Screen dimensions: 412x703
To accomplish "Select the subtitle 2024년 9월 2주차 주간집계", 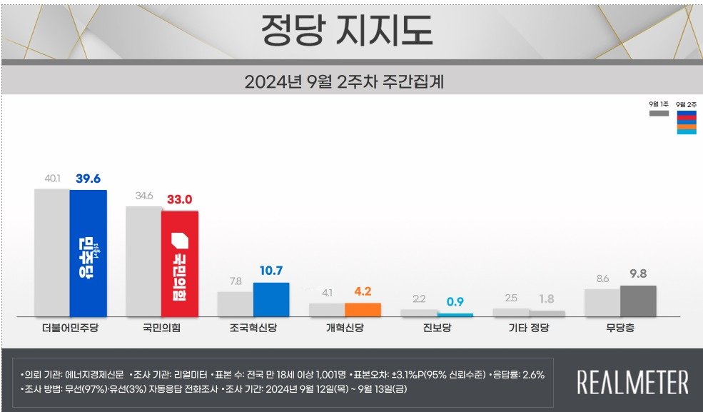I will click(x=344, y=81).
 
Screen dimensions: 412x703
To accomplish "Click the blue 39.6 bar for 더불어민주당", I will click(x=88, y=253).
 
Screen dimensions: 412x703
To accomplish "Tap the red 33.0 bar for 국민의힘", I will click(x=180, y=263).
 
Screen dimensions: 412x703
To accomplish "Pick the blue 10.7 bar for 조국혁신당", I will click(x=271, y=300).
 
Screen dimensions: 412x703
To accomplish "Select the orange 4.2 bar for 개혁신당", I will click(x=363, y=310).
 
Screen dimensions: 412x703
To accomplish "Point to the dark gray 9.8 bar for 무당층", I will click(x=638, y=301).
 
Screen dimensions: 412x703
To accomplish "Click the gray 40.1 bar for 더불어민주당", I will click(x=52, y=252).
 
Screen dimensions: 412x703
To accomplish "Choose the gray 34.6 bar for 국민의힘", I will click(x=143, y=261).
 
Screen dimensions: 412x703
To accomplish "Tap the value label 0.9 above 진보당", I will click(x=455, y=301).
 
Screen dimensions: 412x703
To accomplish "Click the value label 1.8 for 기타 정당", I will click(x=546, y=299).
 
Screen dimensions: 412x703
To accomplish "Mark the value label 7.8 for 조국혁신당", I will click(x=235, y=281).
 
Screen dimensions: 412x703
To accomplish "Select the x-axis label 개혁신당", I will click(x=345, y=329).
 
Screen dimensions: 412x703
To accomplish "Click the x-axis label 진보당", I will click(x=436, y=329).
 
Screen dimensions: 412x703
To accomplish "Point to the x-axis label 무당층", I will click(x=619, y=329).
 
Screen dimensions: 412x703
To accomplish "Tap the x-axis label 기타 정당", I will click(x=528, y=329).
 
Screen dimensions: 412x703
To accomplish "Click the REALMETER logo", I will click(x=632, y=382).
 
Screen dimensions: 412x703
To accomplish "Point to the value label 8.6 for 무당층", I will click(x=602, y=278).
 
